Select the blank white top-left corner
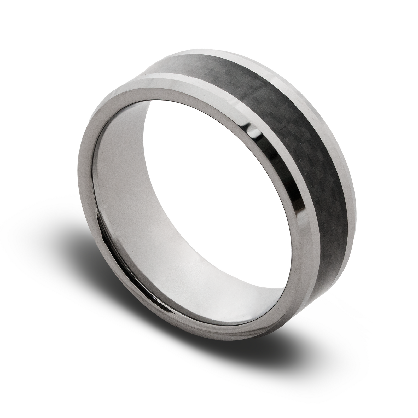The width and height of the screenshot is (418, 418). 16,16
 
